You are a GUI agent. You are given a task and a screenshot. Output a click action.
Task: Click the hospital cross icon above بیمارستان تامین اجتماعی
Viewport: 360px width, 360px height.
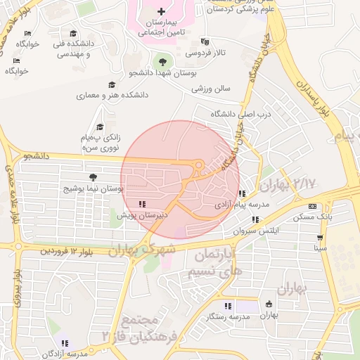(162, 11)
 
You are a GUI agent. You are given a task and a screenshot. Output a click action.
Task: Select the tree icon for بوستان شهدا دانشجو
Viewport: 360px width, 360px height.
(163, 63)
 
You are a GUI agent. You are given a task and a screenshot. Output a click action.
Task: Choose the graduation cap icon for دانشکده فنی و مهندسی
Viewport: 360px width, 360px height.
(73, 34)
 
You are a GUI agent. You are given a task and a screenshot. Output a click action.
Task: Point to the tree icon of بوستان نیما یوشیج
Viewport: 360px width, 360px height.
(94, 177)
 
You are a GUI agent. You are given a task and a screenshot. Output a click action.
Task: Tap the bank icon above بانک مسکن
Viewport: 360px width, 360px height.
(312, 206)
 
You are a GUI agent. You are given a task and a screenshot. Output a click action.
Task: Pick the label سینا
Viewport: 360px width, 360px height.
(321, 248)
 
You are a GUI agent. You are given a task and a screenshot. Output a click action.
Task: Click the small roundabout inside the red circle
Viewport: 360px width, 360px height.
(199, 166)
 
